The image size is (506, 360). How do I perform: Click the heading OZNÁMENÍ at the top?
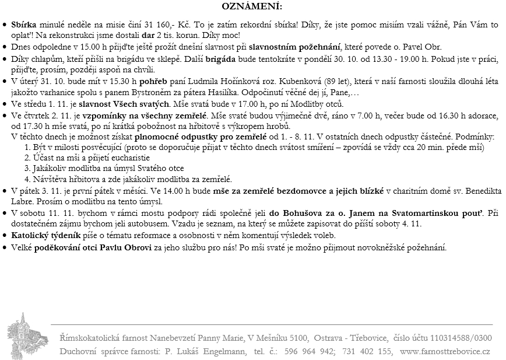pyautogui.click(x=252, y=7)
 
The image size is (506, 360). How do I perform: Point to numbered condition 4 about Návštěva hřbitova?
pyautogui.click(x=128, y=179)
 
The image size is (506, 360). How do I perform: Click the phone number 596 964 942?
pyautogui.click(x=310, y=352)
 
